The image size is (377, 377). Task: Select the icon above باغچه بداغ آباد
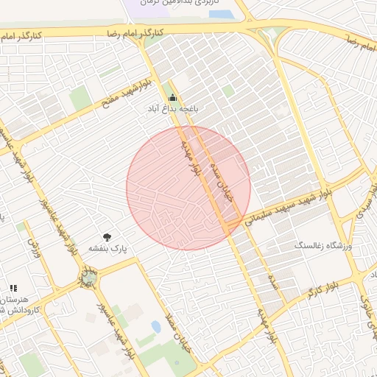pyautogui.click(x=173, y=98)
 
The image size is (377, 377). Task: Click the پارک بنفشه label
pyautogui.click(x=108, y=249)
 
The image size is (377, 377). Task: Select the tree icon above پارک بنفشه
pyautogui.click(x=108, y=237)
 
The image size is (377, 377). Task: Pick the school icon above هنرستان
pyautogui.click(x=13, y=288)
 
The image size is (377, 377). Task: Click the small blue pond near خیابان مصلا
pyautogui.click(x=156, y=325)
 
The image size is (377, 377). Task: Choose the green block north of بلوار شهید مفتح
pyautogui.click(x=79, y=98)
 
